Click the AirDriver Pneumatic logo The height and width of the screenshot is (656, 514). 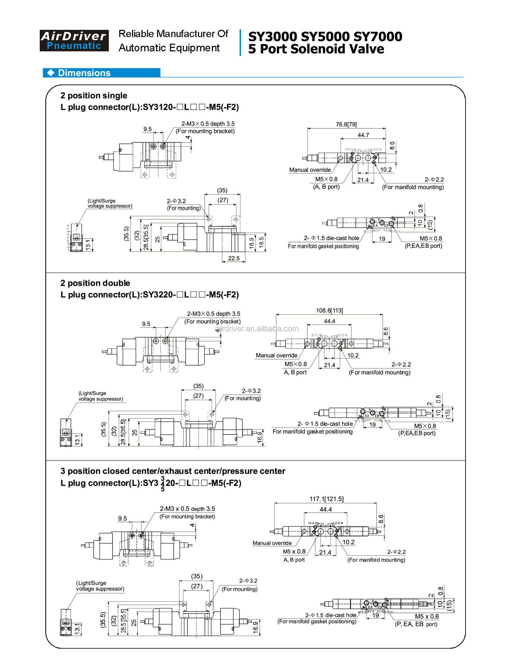click(74, 41)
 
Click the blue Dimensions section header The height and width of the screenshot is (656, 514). click(101, 73)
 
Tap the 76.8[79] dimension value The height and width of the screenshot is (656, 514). click(346, 124)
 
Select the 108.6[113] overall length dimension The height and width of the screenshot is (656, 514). click(329, 310)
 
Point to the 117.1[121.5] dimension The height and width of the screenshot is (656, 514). click(326, 499)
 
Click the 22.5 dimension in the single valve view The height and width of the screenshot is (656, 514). click(234, 258)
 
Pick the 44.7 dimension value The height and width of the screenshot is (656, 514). click(363, 135)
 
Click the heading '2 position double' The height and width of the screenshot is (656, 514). click(95, 283)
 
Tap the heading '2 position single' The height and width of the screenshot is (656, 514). click(94, 95)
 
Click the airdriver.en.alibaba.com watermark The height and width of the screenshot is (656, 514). click(257, 329)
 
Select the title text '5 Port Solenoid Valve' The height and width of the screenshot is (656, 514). click(316, 49)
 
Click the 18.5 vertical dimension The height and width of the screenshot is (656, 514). click(261, 242)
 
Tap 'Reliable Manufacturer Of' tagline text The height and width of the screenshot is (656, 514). click(173, 34)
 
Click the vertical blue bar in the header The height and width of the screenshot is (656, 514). click(240, 43)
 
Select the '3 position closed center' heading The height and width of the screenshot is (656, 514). click(172, 471)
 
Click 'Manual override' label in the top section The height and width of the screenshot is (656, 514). click(310, 170)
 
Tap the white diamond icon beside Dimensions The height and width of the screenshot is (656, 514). click(51, 73)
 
